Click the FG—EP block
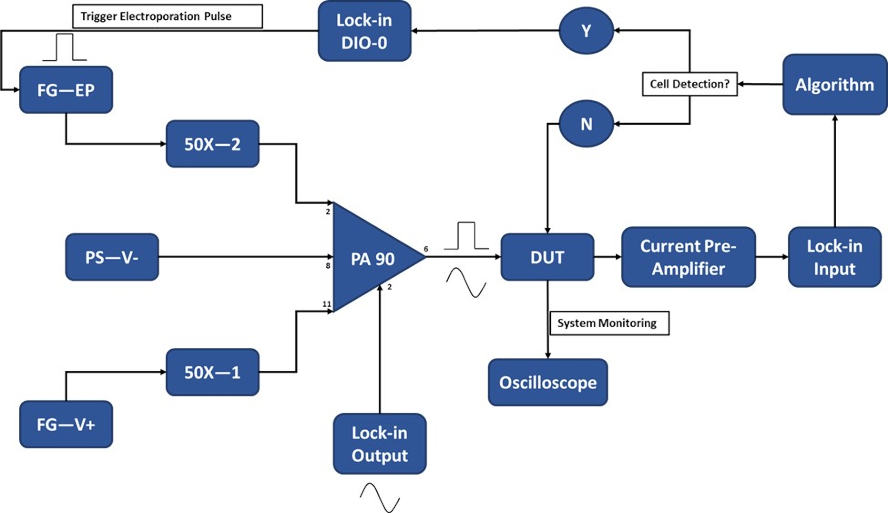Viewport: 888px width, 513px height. (66, 90)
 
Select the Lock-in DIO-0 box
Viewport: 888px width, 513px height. (364, 31)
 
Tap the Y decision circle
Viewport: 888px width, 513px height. (586, 31)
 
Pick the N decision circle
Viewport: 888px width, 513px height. (586, 124)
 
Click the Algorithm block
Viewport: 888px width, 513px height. (834, 85)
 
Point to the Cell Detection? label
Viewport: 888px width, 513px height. (690, 84)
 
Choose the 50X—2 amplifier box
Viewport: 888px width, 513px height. (212, 144)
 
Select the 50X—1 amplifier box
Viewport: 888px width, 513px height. (212, 372)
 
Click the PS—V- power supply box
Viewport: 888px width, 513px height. (112, 257)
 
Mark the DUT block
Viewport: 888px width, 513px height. (547, 257)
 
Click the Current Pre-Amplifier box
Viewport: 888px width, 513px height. (688, 257)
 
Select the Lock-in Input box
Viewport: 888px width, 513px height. (834, 257)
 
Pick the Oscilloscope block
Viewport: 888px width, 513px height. (548, 382)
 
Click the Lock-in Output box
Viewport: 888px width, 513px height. (379, 444)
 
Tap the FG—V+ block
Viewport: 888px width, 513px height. (66, 424)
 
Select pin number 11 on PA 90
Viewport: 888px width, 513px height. (326, 304)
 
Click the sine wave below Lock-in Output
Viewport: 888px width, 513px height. (380, 497)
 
